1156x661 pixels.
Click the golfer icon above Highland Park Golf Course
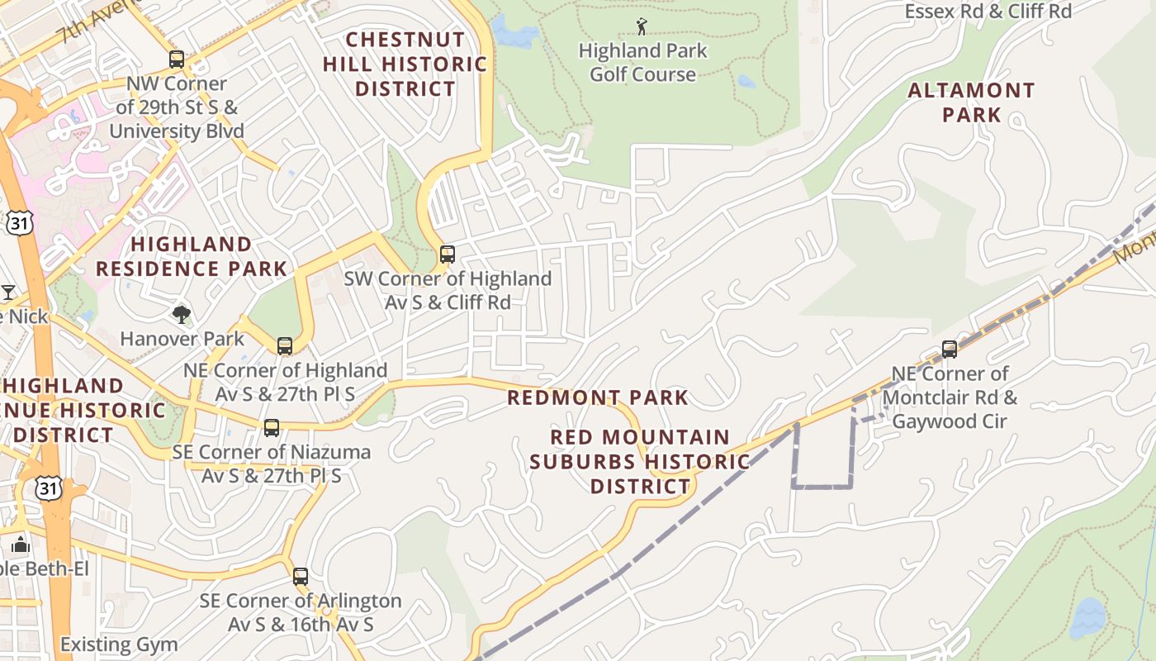(642, 26)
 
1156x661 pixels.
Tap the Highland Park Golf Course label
(642, 63)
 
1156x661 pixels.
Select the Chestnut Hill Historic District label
(405, 64)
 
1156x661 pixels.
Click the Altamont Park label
(971, 102)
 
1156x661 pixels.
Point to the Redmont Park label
(597, 397)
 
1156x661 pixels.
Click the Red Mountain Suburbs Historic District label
(640, 461)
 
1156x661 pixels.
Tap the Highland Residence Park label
(192, 256)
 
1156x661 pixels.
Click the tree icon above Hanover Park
(182, 314)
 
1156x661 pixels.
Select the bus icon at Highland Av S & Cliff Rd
(448, 254)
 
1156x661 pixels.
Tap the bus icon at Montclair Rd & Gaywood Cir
(950, 350)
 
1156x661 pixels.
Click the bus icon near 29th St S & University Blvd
(177, 59)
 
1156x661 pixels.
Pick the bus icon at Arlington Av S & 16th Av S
(301, 577)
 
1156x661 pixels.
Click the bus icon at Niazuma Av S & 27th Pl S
(272, 428)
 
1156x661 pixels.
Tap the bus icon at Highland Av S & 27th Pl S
(285, 346)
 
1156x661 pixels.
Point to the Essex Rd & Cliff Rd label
(988, 11)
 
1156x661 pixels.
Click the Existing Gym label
(119, 644)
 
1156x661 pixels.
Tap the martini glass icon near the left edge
(8, 292)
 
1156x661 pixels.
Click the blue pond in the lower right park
(1087, 617)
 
